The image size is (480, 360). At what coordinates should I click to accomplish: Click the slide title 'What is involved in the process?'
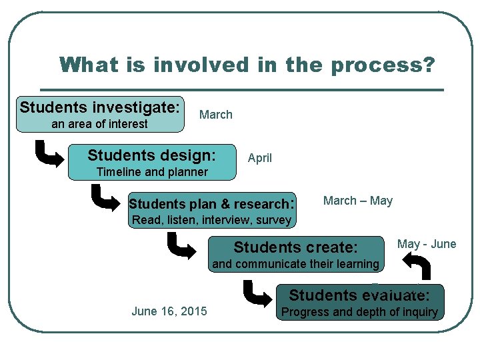(x=247, y=65)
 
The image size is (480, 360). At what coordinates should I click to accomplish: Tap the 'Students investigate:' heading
(x=100, y=107)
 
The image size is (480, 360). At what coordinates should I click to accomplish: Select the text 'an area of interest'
(x=99, y=124)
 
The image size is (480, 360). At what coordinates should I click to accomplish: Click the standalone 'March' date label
(x=216, y=115)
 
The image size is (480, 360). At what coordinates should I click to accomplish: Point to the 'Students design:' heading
(x=152, y=155)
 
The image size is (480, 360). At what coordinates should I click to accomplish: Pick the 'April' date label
(x=260, y=158)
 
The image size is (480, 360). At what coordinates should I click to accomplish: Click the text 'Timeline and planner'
(x=152, y=172)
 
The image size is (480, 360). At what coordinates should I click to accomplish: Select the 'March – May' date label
(x=358, y=201)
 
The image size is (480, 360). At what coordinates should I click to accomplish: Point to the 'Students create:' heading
(x=296, y=247)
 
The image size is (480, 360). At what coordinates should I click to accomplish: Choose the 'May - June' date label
(x=427, y=244)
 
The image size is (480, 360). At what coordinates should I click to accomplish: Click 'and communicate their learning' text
(x=295, y=264)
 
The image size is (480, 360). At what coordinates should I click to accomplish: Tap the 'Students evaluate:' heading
(x=359, y=295)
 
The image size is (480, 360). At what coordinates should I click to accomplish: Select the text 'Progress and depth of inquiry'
(x=360, y=312)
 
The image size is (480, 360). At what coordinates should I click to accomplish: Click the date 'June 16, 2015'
(x=169, y=311)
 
